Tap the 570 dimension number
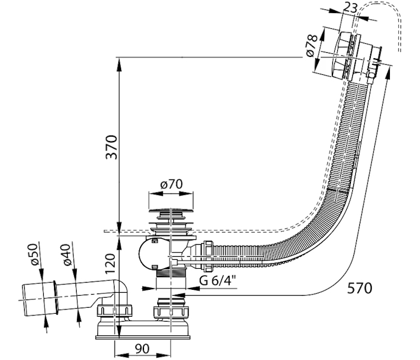359,288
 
